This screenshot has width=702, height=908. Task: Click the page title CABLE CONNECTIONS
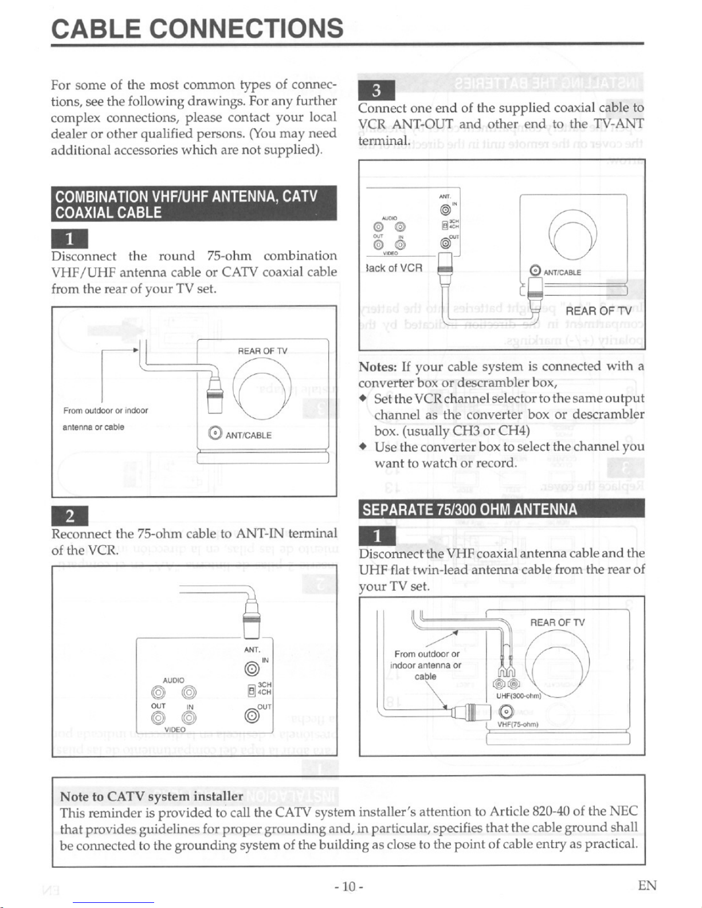point(197,27)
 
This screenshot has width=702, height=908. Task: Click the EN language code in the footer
point(647,886)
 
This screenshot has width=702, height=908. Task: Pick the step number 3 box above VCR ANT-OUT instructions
point(376,91)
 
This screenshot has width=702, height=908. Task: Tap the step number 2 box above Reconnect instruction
point(69,516)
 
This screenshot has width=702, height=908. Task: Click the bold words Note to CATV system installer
point(151,796)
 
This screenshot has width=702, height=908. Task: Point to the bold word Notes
point(377,367)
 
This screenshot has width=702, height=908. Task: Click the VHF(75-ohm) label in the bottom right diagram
point(516,724)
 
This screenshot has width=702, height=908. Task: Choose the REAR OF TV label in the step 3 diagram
point(598,311)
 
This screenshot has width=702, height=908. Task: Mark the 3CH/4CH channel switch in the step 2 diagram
point(250,690)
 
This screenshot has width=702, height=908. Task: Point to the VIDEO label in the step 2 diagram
point(174,729)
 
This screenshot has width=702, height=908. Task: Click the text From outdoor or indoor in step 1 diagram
point(105,410)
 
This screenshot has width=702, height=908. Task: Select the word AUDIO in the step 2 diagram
point(173,680)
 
